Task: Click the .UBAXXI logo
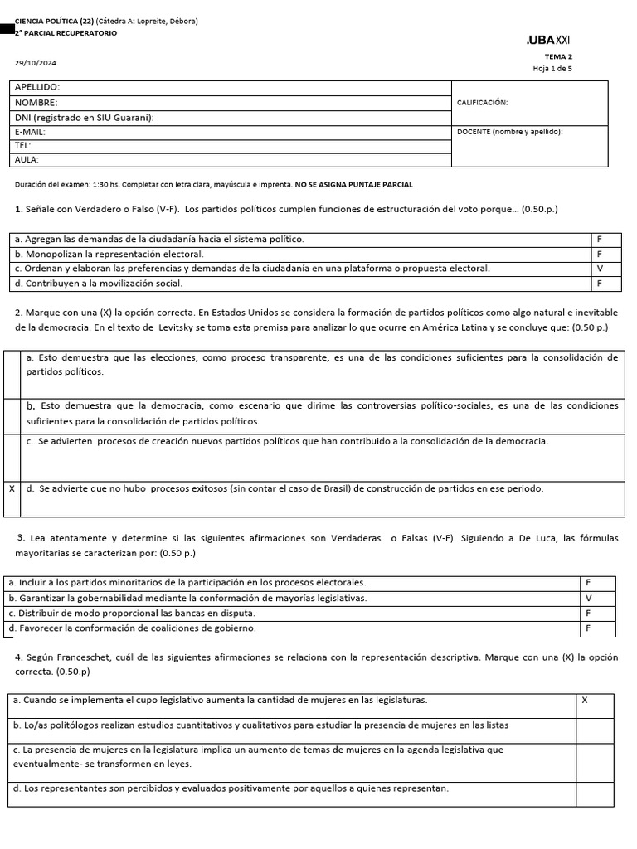pyautogui.click(x=547, y=41)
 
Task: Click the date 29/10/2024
pyautogui.click(x=36, y=63)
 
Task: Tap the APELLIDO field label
pyautogui.click(x=37, y=87)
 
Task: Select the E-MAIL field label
pyautogui.click(x=30, y=131)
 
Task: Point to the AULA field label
pyautogui.click(x=27, y=159)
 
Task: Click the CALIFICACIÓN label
pyautogui.click(x=482, y=103)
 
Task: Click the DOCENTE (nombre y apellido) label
pyautogui.click(x=509, y=131)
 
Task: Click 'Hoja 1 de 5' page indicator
pyautogui.click(x=552, y=68)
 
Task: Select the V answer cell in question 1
pyautogui.click(x=598, y=269)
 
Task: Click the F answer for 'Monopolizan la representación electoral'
pyautogui.click(x=598, y=254)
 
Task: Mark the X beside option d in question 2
pyautogui.click(x=12, y=488)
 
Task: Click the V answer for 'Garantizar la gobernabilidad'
pyautogui.click(x=588, y=598)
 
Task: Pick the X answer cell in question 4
pyautogui.click(x=584, y=701)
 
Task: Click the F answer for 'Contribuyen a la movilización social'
pyautogui.click(x=598, y=284)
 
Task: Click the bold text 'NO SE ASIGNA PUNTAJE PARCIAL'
pyautogui.click(x=354, y=184)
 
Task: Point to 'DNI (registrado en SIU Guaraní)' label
pyautogui.click(x=85, y=117)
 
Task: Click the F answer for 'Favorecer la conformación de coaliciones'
pyautogui.click(x=588, y=628)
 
